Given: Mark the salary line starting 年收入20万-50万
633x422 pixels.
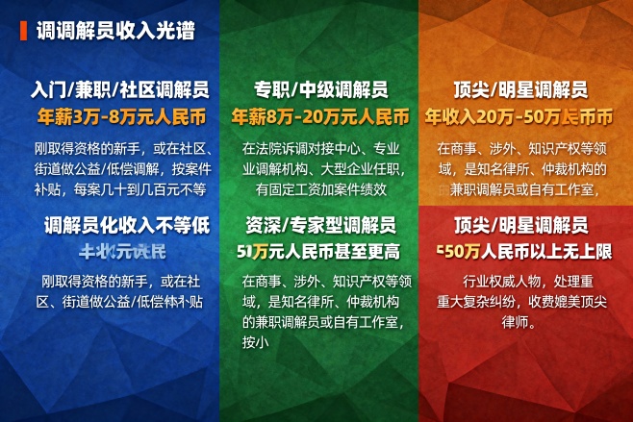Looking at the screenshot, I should (519, 116).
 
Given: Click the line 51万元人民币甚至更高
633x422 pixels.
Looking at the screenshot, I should (317, 252).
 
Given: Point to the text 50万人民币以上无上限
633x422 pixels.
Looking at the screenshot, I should (524, 252).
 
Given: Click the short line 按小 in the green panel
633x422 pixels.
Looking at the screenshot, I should (253, 342).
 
